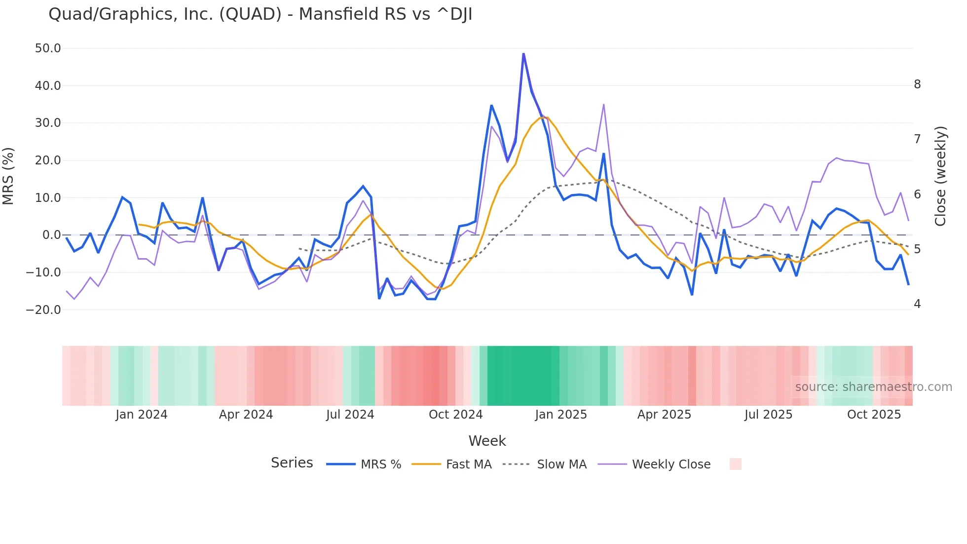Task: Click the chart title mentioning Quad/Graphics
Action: [260, 14]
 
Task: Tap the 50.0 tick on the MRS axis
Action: [48, 48]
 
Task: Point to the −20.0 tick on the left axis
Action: [44, 310]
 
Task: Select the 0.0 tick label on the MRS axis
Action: [51, 235]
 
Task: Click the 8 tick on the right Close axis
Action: [917, 84]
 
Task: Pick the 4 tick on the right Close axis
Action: [917, 304]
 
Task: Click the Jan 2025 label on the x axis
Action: [561, 415]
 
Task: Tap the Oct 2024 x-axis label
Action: [455, 415]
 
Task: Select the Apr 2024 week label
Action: [246, 415]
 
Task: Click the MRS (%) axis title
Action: [8, 176]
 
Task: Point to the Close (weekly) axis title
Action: [940, 176]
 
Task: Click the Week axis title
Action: [487, 441]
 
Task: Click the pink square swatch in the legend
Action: [735, 464]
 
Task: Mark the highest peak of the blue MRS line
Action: [523, 54]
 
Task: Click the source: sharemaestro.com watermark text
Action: [873, 387]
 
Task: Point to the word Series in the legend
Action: [292, 463]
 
